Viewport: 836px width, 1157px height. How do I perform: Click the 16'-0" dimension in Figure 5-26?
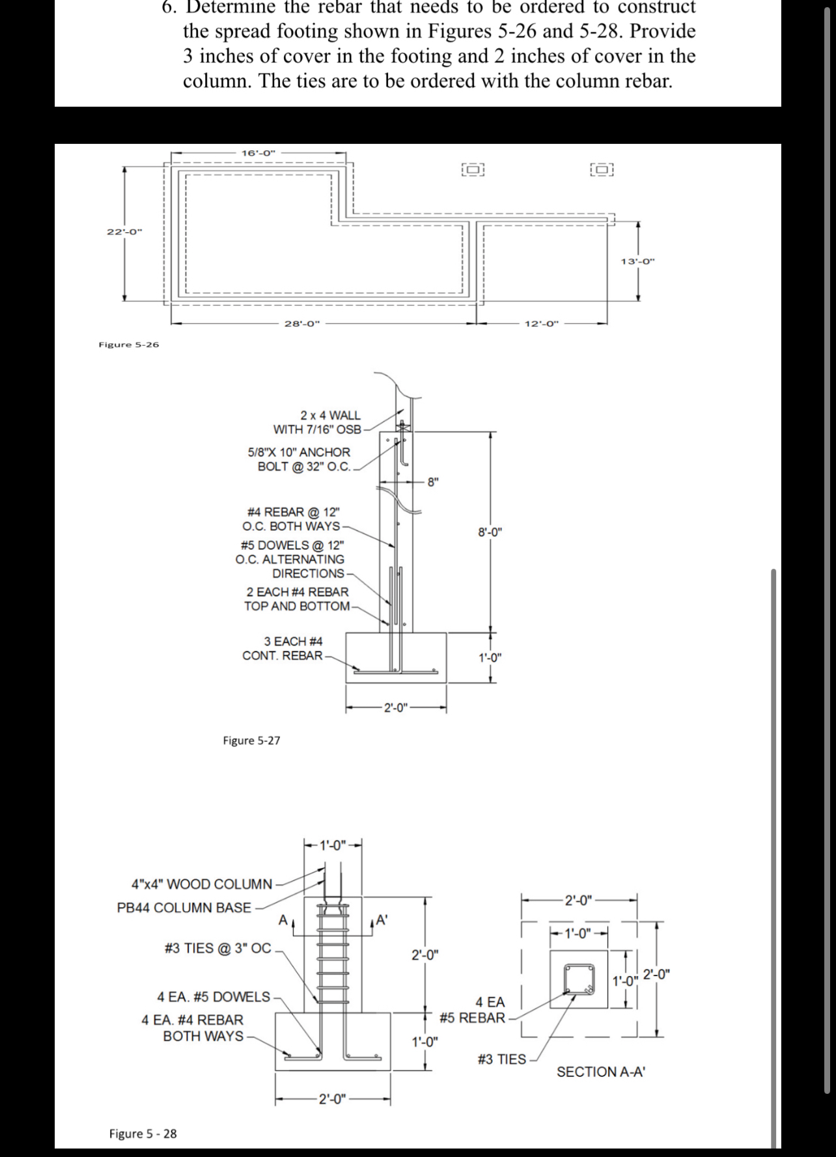(258, 153)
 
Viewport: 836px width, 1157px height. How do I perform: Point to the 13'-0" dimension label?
(637, 262)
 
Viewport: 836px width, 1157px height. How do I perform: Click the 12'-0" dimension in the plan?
(542, 323)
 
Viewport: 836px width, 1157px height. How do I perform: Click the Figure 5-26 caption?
(128, 344)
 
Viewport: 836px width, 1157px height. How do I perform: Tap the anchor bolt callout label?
(300, 459)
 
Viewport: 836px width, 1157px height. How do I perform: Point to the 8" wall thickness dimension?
(433, 482)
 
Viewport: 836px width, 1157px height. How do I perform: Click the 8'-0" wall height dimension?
(490, 532)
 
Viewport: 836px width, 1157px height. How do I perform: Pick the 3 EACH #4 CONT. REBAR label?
(284, 648)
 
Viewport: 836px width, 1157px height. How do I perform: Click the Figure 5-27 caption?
(251, 741)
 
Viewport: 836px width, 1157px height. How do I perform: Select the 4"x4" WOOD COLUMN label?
(202, 884)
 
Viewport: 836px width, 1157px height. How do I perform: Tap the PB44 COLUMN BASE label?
(184, 907)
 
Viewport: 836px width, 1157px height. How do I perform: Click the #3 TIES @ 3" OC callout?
(218, 947)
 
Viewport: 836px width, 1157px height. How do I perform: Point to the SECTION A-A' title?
(600, 1072)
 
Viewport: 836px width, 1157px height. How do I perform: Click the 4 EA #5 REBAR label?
(473, 1010)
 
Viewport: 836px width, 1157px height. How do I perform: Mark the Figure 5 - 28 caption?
(143, 1134)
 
